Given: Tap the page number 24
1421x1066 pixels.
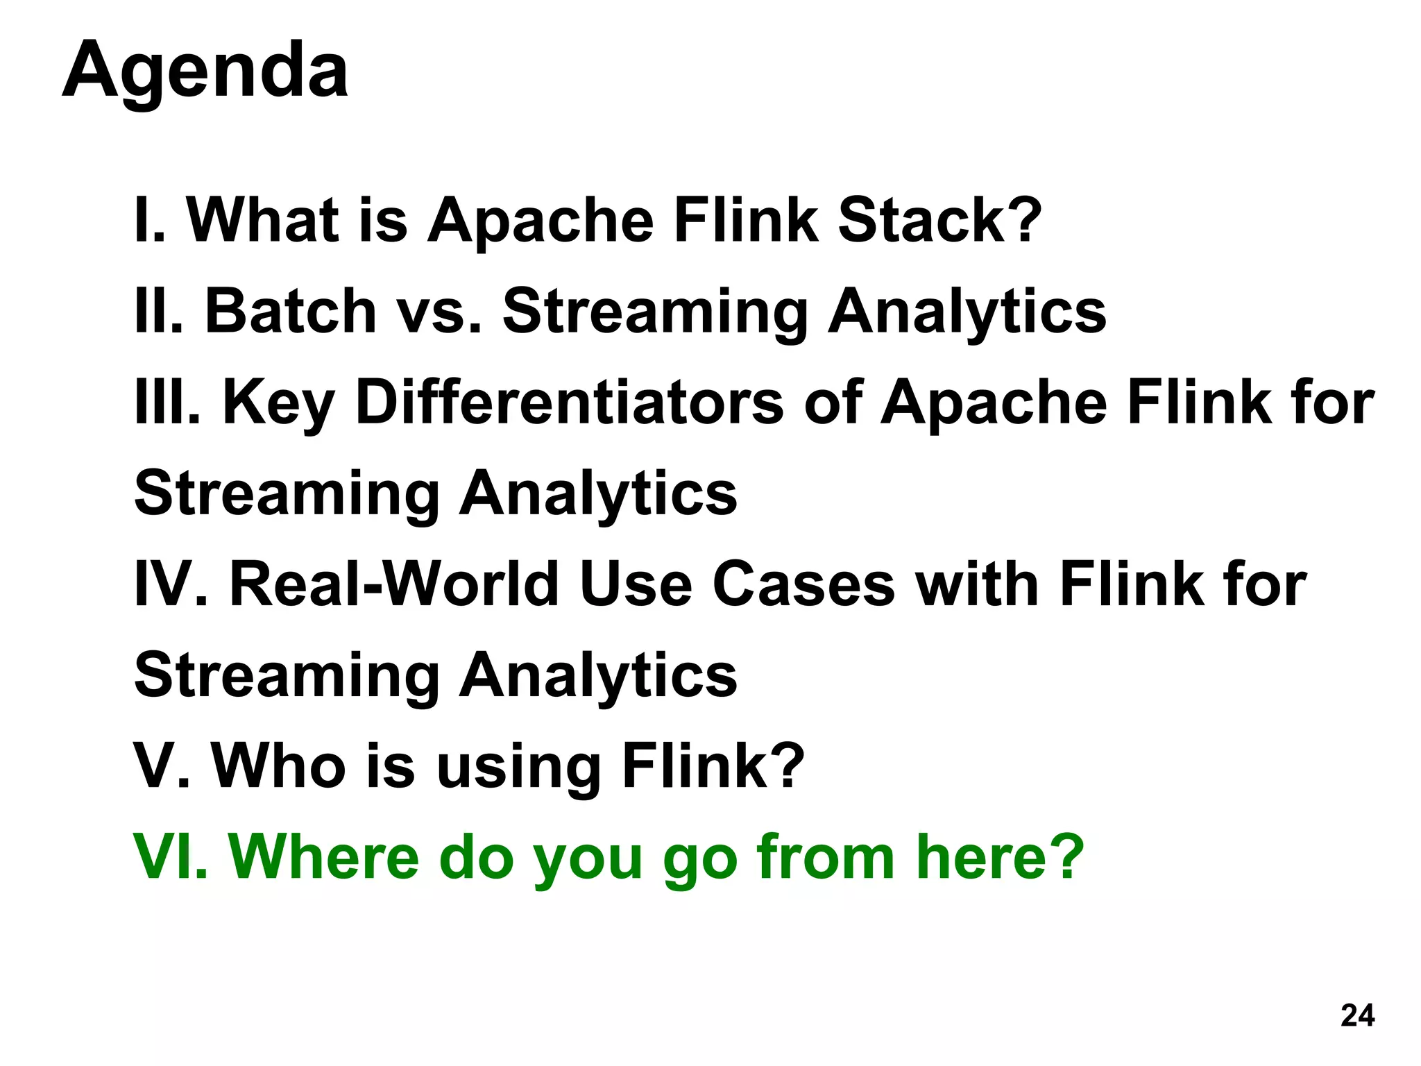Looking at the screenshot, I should tap(1357, 1015).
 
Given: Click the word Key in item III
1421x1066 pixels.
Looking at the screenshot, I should tap(278, 404).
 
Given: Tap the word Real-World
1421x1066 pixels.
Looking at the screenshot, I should tap(393, 584).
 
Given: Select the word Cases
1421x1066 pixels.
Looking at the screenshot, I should tap(803, 584).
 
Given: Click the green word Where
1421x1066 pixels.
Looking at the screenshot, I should tap(324, 858).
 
